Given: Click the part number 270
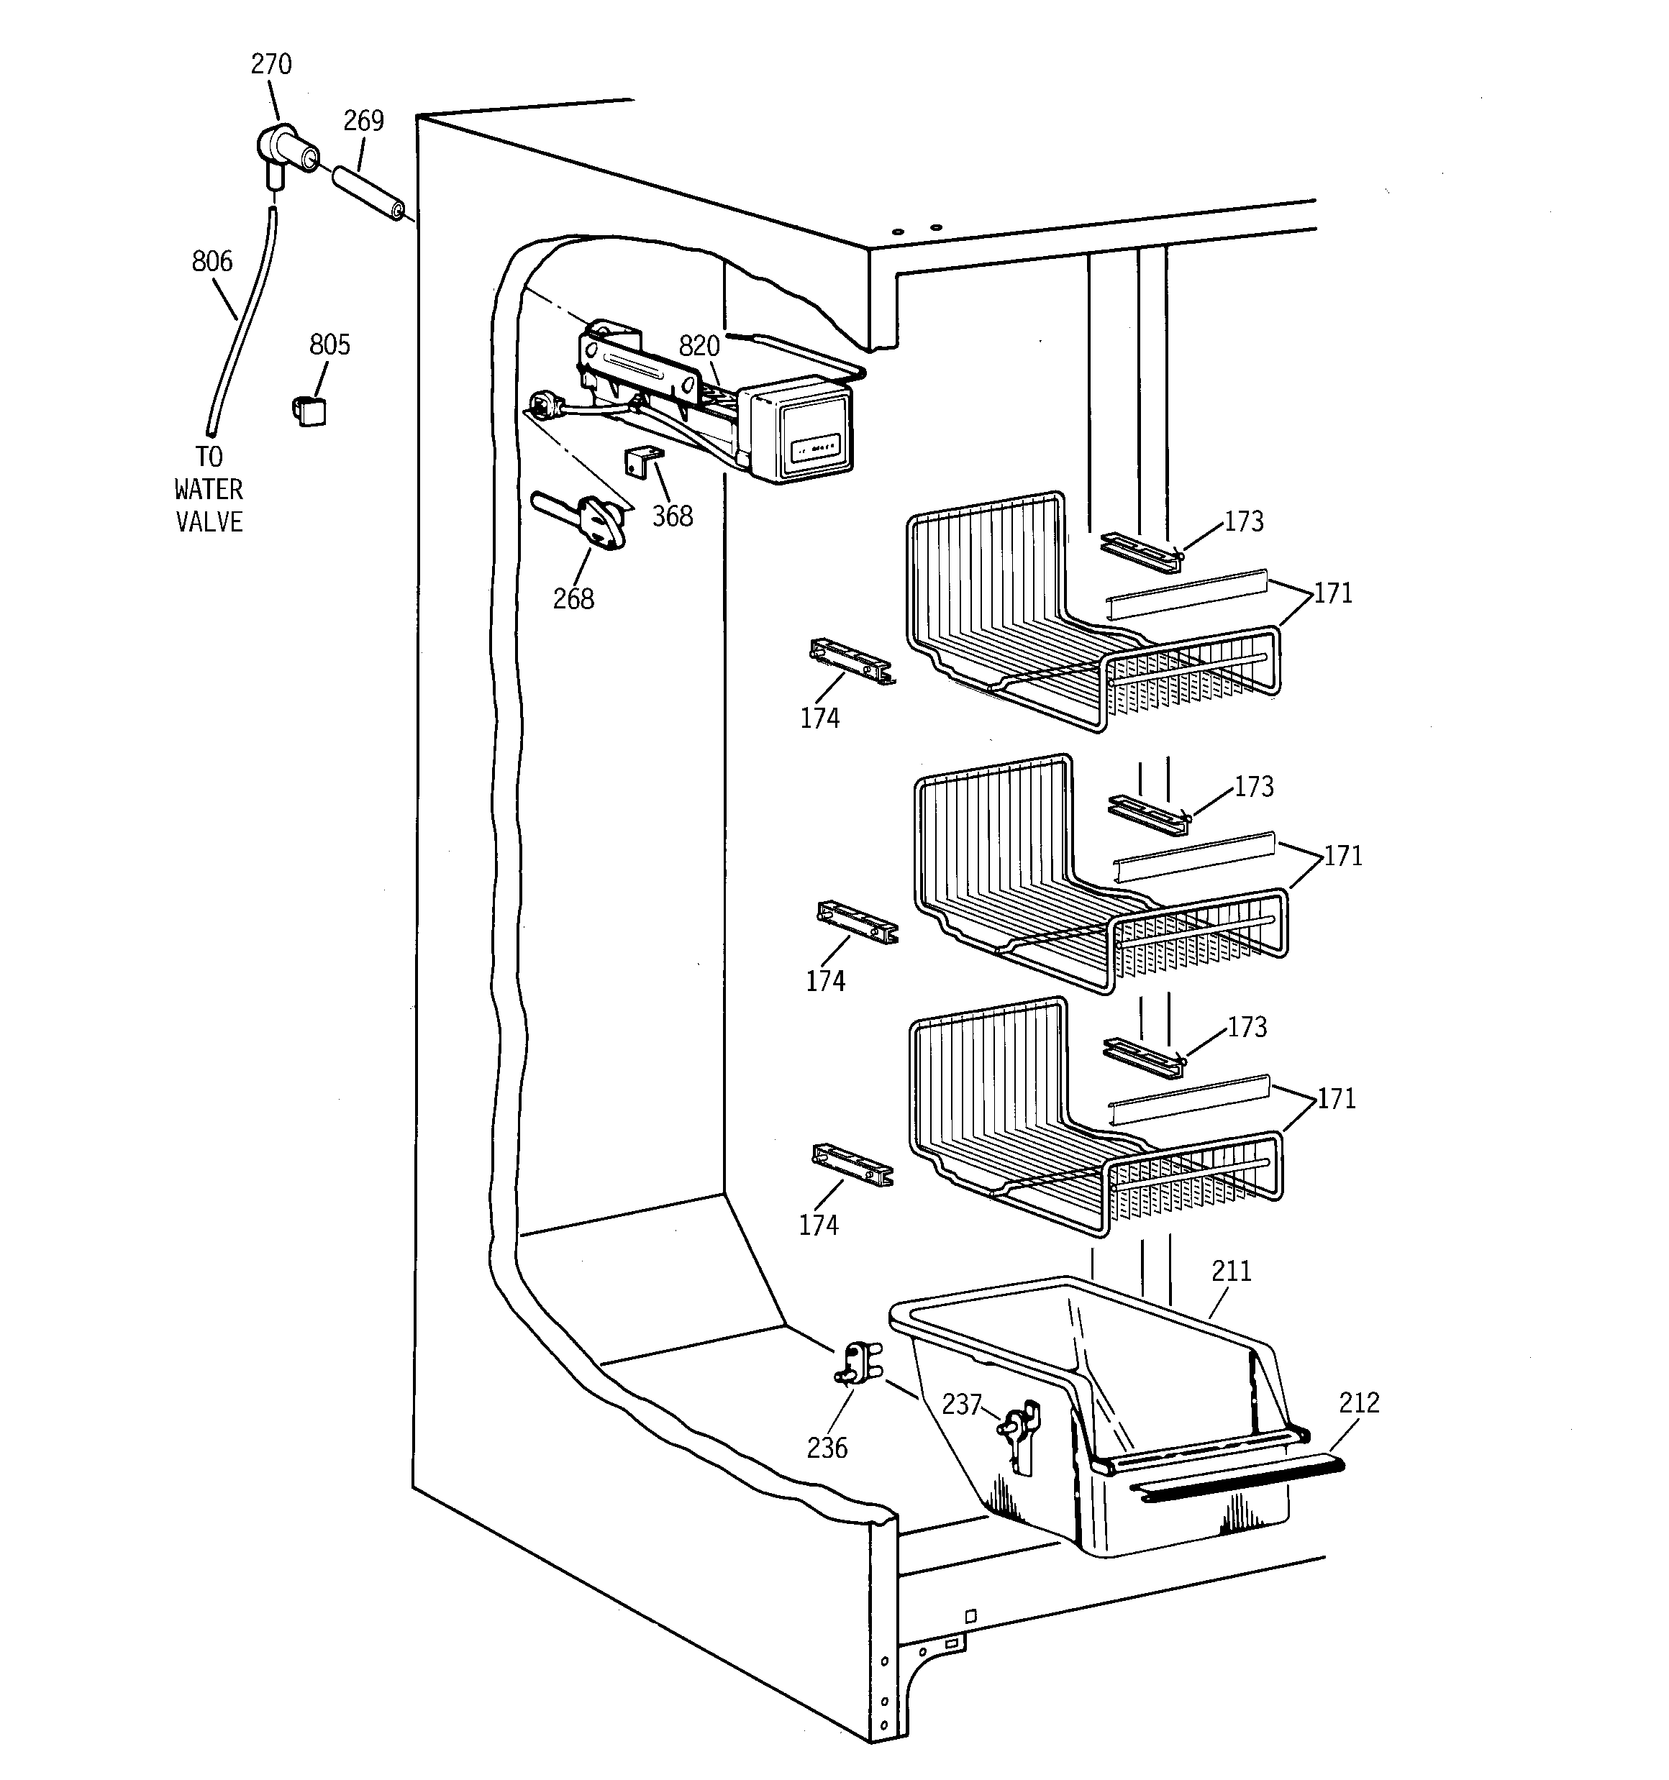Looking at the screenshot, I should point(270,65).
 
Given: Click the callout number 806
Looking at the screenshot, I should point(212,262).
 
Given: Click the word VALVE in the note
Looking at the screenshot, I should point(209,522).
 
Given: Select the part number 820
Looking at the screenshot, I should point(699,346).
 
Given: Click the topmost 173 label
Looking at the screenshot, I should point(1243,521).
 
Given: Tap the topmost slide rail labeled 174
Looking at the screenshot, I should point(850,662).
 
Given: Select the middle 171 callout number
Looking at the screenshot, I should point(1343,856).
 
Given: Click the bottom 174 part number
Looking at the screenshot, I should point(819,1226).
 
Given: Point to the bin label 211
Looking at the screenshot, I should point(1231,1271).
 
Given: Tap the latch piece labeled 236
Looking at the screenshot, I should point(858,1367).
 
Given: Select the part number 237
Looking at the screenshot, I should point(961,1404).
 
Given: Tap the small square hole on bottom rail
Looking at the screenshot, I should point(970,1615).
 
